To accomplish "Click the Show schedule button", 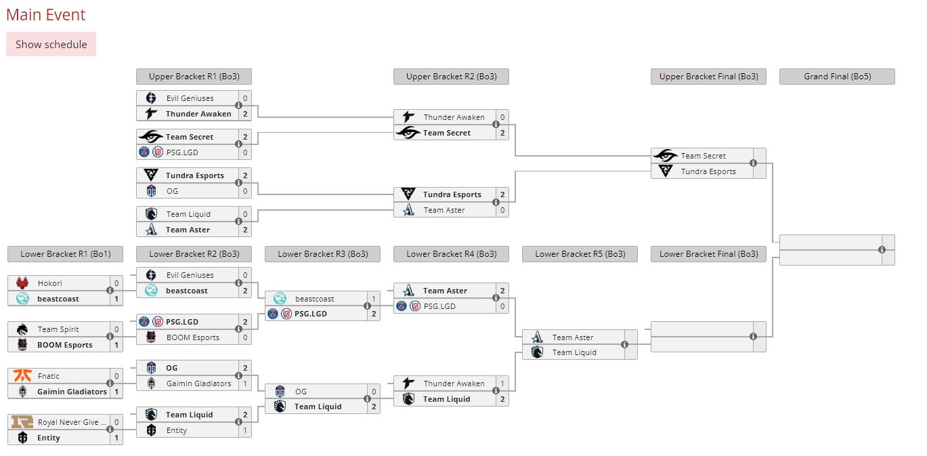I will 51,44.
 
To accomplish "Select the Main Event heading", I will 46,14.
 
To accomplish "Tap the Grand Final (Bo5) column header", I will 837,77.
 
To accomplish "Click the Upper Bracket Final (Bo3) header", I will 708,77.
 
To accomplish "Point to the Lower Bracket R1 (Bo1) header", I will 65,254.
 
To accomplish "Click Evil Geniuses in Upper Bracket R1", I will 190,98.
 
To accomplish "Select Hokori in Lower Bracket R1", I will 50,283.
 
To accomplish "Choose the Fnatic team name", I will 49,376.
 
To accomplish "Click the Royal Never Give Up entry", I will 67,422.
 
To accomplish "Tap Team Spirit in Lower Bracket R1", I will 58,329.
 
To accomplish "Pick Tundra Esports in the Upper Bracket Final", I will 708,171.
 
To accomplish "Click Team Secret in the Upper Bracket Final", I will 703,156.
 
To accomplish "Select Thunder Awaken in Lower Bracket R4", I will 454,384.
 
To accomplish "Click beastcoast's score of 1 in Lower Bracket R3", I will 374,299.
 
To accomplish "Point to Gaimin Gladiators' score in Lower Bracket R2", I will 245,384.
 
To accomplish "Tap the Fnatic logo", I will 22,375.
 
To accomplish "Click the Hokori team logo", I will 22,283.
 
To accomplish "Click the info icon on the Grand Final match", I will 882,250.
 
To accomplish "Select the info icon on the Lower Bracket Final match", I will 753,337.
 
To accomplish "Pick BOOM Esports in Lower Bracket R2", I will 193,337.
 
